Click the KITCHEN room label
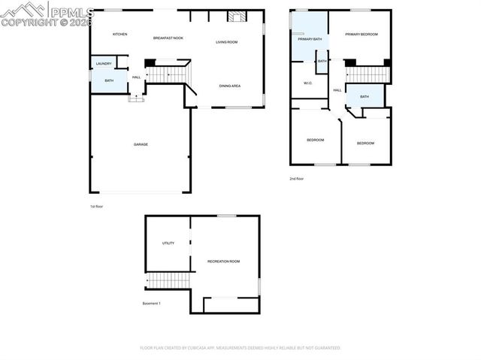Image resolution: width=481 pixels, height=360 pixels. pos(119,35)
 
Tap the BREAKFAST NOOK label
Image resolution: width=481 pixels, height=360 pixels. pos(168,38)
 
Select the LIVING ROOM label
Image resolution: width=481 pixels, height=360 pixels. pos(226,42)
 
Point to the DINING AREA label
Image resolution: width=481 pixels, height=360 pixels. pos(229,86)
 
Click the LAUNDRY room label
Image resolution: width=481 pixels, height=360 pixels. pos(103,64)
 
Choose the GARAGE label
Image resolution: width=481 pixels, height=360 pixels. pos(141,144)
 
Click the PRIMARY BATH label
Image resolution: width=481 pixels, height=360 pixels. pos(310,39)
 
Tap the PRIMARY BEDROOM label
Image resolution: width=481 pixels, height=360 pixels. pos(362,35)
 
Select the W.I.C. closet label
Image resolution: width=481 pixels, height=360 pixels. pos(308,83)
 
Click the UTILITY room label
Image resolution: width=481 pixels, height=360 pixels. pos(168,243)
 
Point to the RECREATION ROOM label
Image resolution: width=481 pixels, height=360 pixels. pos(223,261)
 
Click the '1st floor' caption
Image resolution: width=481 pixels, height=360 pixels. pos(96,205)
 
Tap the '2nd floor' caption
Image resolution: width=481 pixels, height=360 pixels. pos(297,179)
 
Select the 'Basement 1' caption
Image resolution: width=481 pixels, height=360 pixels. pos(152,304)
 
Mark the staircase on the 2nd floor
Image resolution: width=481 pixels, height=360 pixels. pos(368,74)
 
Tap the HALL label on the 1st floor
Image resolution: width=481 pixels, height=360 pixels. pos(136,77)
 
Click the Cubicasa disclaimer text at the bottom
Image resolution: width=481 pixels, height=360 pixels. pos(240,348)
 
